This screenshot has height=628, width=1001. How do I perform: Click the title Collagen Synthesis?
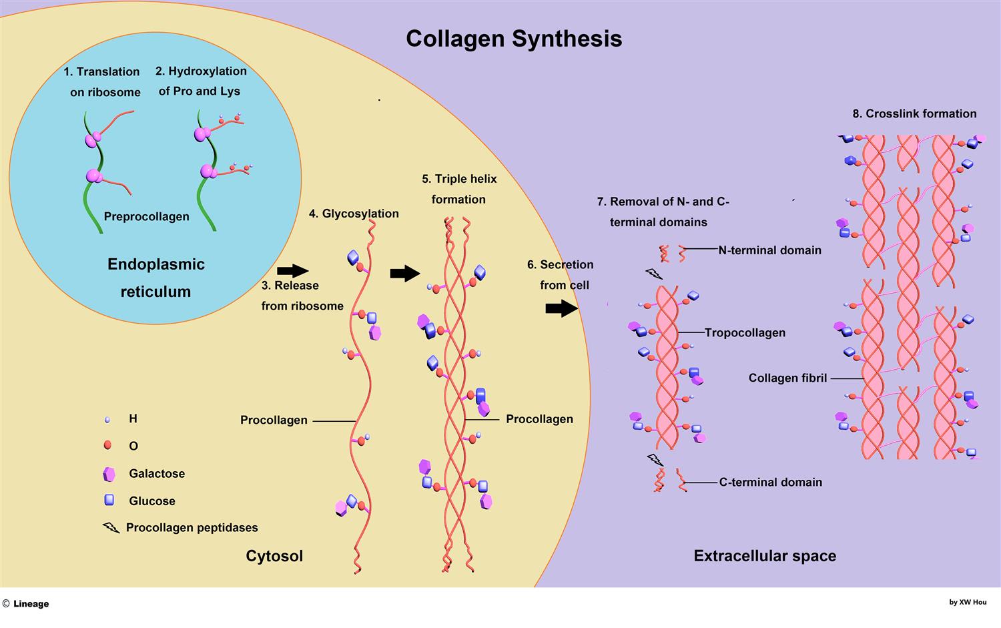514,38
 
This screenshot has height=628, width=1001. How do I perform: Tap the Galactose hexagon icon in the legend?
109,474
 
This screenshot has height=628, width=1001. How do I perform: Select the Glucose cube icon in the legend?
109,500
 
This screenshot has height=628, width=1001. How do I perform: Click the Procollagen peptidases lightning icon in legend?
111,528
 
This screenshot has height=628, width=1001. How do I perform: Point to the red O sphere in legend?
107,445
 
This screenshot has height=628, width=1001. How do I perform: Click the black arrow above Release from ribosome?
292,270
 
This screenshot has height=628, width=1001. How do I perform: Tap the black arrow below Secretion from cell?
561,308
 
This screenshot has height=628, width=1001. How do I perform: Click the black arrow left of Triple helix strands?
404,273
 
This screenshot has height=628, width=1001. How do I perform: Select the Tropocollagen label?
745,332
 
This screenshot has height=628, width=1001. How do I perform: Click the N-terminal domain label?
769,250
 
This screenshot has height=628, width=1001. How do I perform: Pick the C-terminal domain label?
770,482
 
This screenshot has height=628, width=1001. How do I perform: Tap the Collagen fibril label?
787,378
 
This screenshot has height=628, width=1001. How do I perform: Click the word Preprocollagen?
146,216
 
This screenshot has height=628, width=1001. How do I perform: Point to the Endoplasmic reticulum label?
155,278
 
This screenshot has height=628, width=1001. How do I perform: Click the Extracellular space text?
765,555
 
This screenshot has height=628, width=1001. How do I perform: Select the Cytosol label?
274,555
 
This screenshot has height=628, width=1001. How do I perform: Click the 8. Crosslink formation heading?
914,113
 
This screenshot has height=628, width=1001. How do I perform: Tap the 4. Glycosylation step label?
354,214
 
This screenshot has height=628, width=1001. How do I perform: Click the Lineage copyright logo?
26,603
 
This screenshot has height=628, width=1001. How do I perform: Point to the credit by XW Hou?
968,602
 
